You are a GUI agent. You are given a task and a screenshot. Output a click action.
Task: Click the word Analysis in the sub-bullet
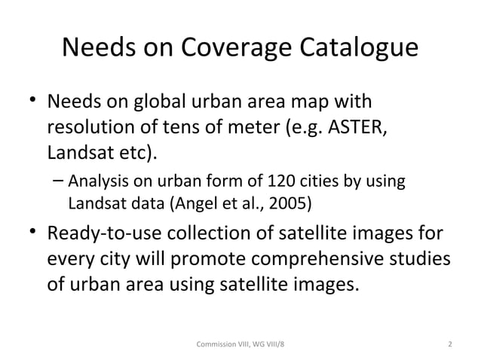pos(96,182)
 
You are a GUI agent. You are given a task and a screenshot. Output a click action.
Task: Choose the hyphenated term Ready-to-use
pos(105,233)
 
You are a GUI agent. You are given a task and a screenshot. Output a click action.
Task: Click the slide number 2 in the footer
pos(449,345)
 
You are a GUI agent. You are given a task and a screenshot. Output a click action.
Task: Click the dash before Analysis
pos(59,182)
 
